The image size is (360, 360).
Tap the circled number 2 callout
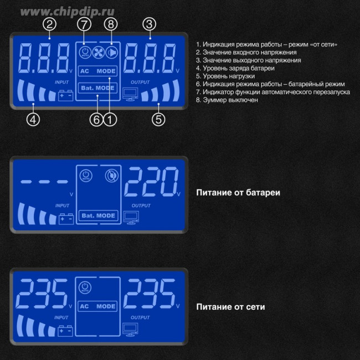click(x=50, y=24)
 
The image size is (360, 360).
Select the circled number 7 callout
click(x=84, y=24)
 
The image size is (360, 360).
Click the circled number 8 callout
click(x=111, y=24)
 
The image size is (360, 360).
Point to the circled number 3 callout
click(x=148, y=24)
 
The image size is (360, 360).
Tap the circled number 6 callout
click(x=97, y=119)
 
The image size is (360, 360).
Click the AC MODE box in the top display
click(x=98, y=71)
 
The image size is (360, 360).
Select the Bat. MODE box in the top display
click(x=98, y=88)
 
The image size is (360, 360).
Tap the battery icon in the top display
click(x=65, y=95)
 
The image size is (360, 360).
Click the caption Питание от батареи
click(x=238, y=193)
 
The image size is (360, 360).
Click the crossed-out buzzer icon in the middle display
click(x=111, y=176)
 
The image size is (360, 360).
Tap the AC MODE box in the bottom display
click(x=98, y=306)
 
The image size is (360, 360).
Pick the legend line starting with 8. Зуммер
click(x=227, y=100)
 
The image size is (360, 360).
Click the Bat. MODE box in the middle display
click(x=98, y=215)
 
